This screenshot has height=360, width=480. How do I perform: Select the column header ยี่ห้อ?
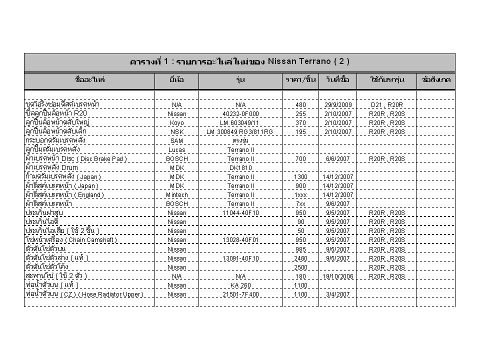(x=176, y=80)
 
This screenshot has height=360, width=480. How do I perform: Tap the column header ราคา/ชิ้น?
(x=300, y=80)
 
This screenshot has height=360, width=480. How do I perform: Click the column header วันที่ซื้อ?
(x=337, y=80)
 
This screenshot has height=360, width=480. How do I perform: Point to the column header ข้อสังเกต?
(x=435, y=80)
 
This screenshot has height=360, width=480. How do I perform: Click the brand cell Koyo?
(x=176, y=122)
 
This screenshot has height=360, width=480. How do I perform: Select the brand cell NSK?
(x=176, y=131)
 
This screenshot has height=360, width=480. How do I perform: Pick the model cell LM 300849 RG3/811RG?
(x=240, y=131)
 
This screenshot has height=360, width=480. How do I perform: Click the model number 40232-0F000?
(x=240, y=113)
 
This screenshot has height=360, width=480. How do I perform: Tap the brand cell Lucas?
(x=176, y=149)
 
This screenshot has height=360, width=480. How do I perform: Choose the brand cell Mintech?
(x=176, y=194)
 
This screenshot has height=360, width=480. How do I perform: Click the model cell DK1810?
(x=240, y=167)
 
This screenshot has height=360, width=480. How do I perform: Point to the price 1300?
(x=300, y=176)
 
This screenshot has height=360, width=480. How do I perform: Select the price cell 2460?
(x=300, y=258)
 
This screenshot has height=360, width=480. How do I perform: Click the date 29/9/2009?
(x=337, y=105)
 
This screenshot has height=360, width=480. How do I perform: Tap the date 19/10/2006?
(x=337, y=276)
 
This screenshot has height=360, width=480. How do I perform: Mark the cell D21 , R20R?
(x=386, y=105)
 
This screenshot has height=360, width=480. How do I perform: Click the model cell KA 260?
(x=240, y=285)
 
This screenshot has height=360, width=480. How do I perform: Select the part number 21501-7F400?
(x=240, y=294)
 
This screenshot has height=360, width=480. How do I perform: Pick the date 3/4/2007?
(x=337, y=294)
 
